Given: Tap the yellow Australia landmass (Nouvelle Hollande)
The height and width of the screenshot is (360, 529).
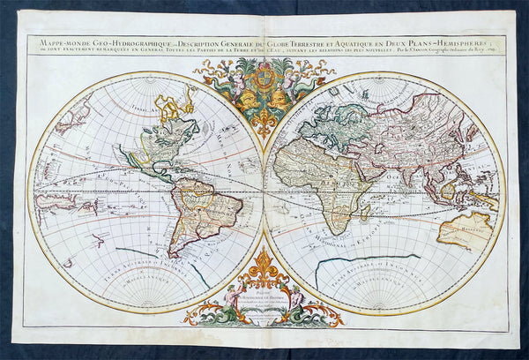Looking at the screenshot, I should coord(464,229).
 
